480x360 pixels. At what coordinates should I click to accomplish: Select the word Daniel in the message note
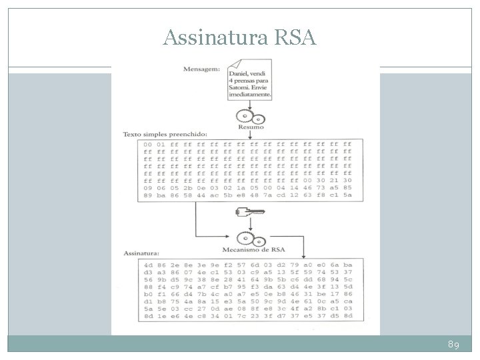(239, 71)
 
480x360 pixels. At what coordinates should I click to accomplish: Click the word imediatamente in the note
(250, 95)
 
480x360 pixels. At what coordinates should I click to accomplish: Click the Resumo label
(250, 127)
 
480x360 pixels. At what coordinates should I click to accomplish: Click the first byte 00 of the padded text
(147, 144)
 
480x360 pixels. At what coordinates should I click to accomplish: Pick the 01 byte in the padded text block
(161, 144)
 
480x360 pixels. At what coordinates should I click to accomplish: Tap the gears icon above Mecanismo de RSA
(249, 237)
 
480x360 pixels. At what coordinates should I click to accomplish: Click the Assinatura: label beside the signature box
(141, 253)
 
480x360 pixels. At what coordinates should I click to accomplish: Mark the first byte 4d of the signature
(147, 264)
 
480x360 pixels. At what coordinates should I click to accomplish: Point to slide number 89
(453, 344)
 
